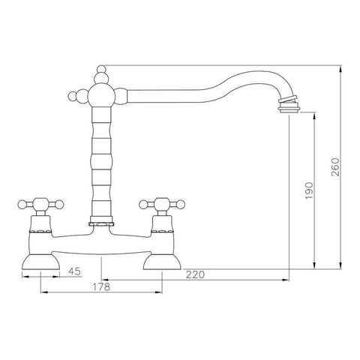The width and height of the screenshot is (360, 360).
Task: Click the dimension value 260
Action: [336, 166]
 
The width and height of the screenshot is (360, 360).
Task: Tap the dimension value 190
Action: [309, 190]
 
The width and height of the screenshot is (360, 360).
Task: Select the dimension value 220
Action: [195, 274]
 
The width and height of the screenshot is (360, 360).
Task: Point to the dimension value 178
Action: [101, 286]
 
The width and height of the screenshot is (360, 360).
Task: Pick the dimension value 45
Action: [75, 271]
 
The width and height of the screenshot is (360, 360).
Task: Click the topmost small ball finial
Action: [101, 69]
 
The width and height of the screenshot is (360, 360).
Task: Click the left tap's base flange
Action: [41, 262]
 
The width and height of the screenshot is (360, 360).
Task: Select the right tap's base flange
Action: [162, 262]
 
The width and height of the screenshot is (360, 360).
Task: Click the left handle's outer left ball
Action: [22, 205]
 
